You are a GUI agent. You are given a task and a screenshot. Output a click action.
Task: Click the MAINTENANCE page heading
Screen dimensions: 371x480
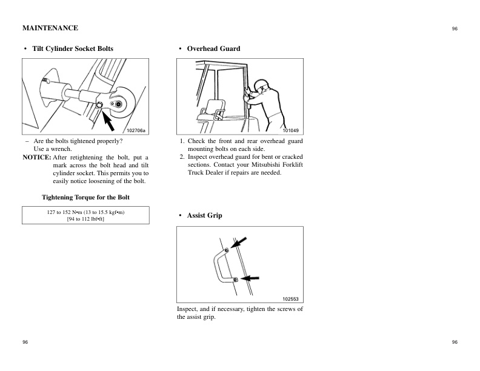[x=50, y=28]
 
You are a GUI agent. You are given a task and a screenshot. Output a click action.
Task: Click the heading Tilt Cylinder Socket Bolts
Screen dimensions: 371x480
[x=72, y=48]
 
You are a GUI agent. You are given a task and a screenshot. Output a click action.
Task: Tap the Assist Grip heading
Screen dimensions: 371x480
[x=204, y=215]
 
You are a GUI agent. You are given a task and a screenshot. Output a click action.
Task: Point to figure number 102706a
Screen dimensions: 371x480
[x=136, y=130]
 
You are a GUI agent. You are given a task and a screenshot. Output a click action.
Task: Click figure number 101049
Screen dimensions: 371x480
[x=291, y=130]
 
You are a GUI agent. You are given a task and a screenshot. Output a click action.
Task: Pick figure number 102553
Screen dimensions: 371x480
[x=291, y=298]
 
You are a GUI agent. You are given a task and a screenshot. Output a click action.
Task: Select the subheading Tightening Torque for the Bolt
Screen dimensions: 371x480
[x=85, y=197]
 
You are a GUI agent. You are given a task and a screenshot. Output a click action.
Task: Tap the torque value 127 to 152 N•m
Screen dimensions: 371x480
[x=68, y=212]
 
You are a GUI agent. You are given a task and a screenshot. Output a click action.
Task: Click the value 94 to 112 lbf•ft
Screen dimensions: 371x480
[x=86, y=219]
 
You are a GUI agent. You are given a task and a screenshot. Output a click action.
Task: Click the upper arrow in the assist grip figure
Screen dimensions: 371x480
[x=239, y=244]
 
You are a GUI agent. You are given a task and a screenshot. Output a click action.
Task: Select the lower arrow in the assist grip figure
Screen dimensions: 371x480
[x=250, y=278]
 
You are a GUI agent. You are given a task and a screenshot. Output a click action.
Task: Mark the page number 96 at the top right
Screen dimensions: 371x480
[x=455, y=28]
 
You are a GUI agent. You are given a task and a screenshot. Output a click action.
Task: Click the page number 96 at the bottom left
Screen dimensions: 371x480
[x=25, y=343]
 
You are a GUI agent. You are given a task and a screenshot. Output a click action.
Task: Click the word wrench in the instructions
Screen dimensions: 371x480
[x=61, y=149]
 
